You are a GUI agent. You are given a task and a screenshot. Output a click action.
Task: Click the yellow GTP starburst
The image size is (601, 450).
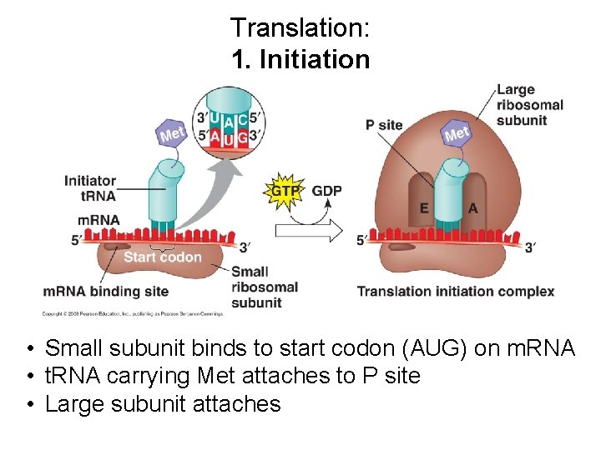click(283, 192)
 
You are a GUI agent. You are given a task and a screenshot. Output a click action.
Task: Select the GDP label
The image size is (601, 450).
click(326, 192)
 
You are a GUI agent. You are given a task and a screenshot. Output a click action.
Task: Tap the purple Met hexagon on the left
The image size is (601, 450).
click(172, 133)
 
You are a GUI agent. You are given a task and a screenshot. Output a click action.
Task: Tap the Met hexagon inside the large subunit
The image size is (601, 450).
click(457, 133)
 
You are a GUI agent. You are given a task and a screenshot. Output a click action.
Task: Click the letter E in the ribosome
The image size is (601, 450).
click(424, 208)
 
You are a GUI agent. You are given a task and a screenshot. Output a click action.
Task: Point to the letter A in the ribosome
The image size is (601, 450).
click(473, 208)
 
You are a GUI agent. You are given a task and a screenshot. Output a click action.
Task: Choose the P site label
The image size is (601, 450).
click(384, 125)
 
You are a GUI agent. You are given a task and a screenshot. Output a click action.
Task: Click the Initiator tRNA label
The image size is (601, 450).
click(90, 188)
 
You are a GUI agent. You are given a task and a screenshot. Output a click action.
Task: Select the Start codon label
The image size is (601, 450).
click(163, 257)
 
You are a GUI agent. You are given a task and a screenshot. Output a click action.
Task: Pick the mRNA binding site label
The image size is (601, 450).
click(106, 291)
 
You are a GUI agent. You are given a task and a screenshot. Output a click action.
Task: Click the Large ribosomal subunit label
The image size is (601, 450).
click(529, 105)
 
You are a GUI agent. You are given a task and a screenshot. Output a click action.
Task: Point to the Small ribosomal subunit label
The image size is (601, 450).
click(264, 287)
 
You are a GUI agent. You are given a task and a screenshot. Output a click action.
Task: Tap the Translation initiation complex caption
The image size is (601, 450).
click(456, 291)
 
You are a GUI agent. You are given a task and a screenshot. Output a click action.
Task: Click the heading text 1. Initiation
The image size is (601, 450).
click(300, 60)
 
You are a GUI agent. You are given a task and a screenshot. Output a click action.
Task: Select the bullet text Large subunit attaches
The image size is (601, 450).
click(163, 404)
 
